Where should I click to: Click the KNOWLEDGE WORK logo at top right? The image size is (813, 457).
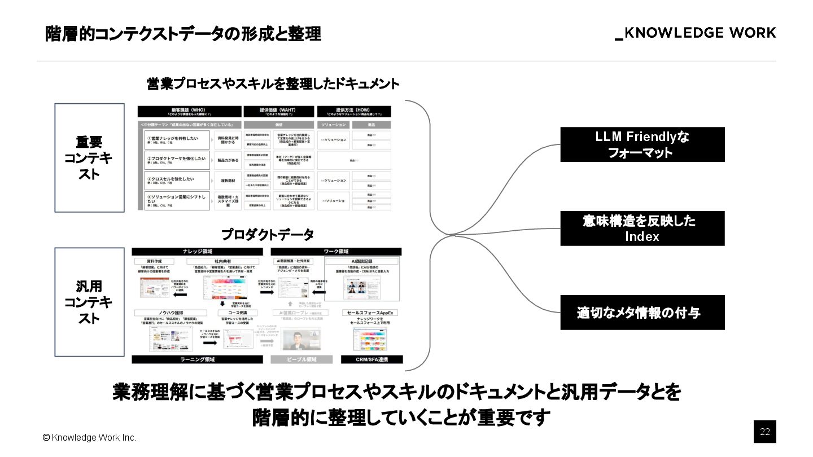(x=696, y=33)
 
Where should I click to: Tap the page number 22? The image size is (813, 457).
(x=765, y=432)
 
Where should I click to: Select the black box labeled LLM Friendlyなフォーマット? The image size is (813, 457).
(x=642, y=144)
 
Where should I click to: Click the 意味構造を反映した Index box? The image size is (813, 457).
(x=642, y=228)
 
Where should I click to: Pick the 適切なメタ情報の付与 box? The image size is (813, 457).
(x=642, y=313)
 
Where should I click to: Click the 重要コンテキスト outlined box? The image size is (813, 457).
(x=89, y=158)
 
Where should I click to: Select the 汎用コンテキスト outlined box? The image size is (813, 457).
(x=89, y=302)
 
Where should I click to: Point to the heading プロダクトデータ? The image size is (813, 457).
(x=267, y=234)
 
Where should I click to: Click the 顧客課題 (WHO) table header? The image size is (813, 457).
(x=190, y=112)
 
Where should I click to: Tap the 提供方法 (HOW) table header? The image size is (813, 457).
(x=355, y=112)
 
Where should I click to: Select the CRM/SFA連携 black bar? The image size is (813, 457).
(x=371, y=359)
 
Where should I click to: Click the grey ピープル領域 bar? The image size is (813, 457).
(x=302, y=359)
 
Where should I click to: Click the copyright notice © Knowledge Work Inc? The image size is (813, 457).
(x=90, y=438)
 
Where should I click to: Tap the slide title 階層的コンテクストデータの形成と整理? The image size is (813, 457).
(x=183, y=34)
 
